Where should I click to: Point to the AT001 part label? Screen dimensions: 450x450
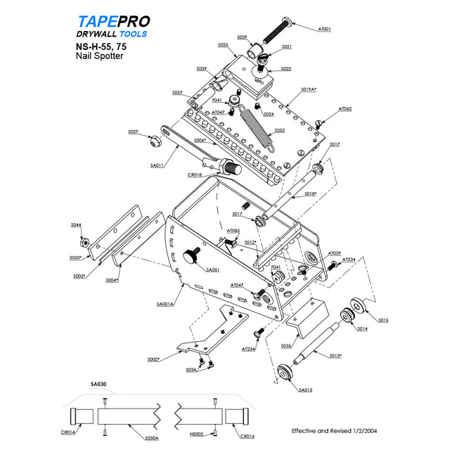click(x=325, y=30)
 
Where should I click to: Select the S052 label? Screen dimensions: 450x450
click(x=279, y=130)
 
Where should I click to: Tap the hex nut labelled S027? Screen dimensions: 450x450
click(x=155, y=140)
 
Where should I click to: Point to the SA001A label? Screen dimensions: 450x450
click(x=165, y=304)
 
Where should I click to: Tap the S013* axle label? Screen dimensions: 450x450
click(x=336, y=356)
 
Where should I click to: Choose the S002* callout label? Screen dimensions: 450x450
click(x=153, y=359)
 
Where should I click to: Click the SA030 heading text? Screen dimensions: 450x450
click(x=98, y=385)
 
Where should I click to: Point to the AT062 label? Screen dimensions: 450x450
click(x=345, y=109)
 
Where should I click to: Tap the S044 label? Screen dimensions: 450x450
click(x=76, y=224)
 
